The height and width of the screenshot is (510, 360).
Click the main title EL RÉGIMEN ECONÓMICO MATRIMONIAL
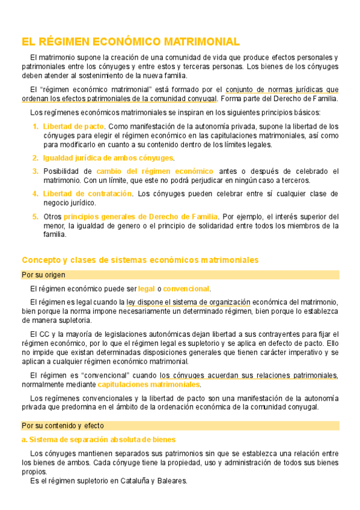point(130,41)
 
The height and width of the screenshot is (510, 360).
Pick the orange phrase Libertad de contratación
point(87,194)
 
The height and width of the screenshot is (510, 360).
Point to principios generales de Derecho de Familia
point(141,217)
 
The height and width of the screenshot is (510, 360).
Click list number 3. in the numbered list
point(35,171)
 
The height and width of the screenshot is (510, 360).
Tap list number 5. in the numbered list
point(35,217)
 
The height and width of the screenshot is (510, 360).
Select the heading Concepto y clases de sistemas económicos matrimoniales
point(140,260)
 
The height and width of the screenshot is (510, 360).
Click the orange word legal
point(147,289)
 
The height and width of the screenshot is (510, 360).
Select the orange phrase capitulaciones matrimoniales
point(148,384)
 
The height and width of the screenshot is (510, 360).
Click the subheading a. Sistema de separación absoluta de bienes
point(99,440)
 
